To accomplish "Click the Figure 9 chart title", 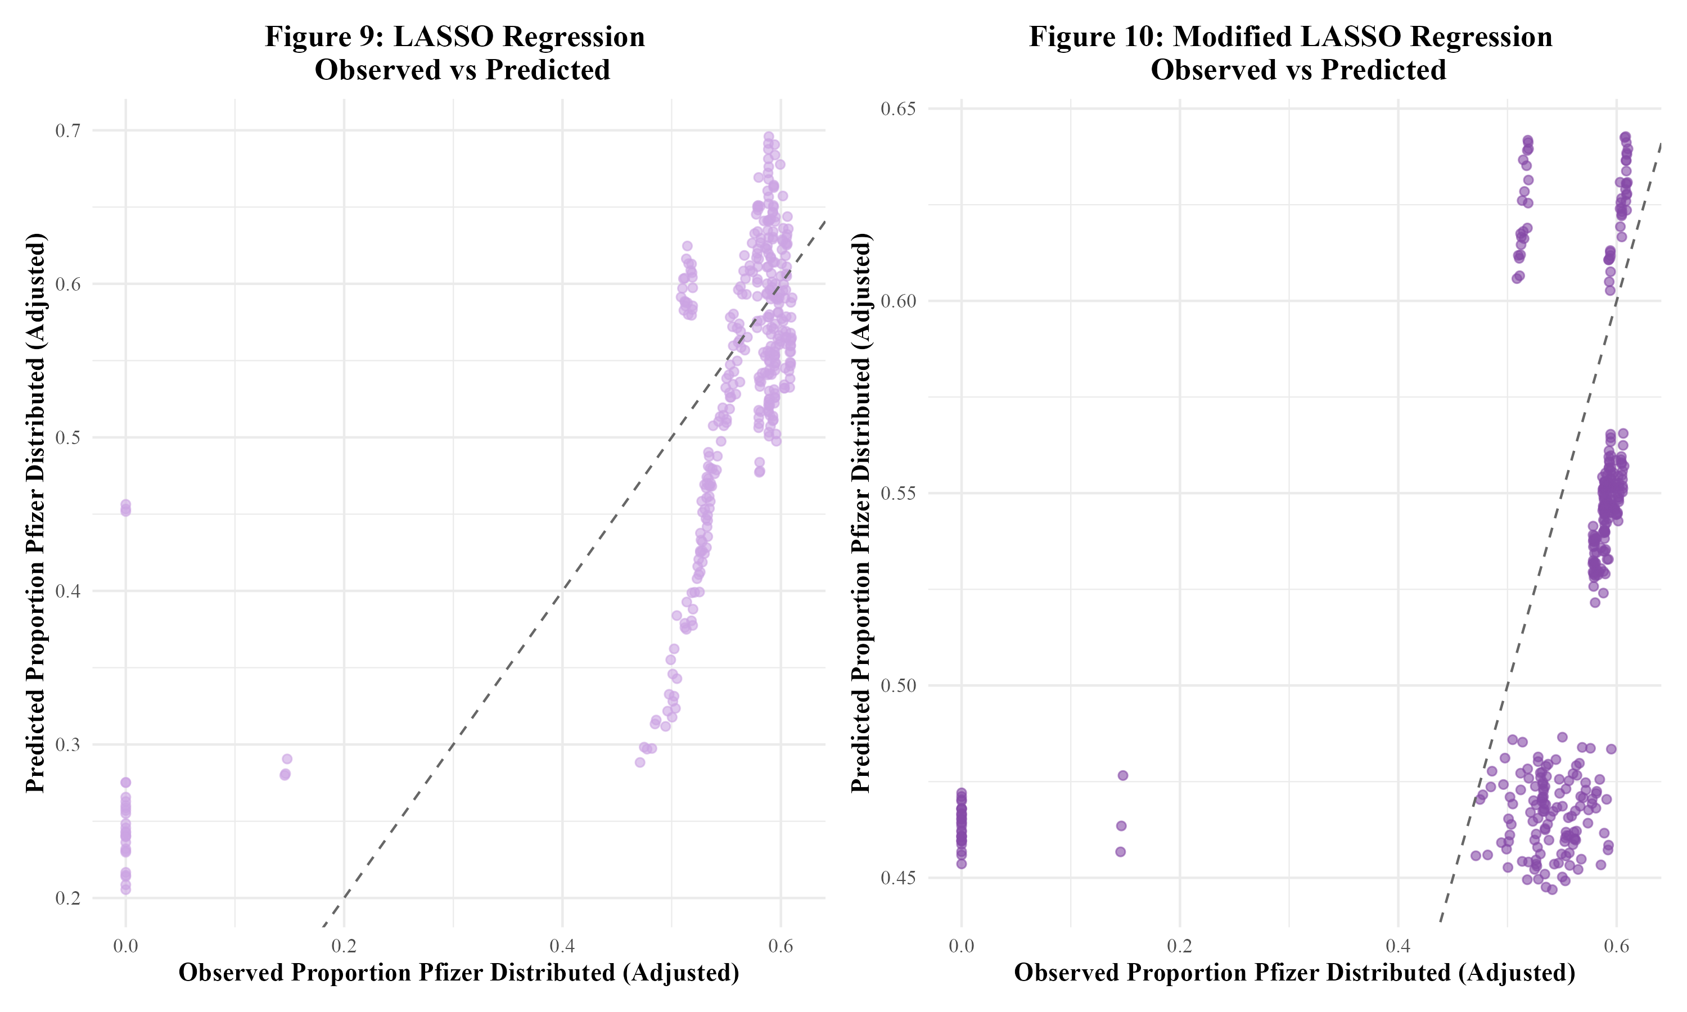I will pyautogui.click(x=455, y=53).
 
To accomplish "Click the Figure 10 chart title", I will pyautogui.click(x=1290, y=53).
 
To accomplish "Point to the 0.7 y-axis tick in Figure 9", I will pyautogui.click(x=67, y=130).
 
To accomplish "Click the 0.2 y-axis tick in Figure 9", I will pyautogui.click(x=67, y=898).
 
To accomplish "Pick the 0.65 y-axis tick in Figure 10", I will pyautogui.click(x=898, y=109).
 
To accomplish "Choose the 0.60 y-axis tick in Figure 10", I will pyautogui.click(x=898, y=301).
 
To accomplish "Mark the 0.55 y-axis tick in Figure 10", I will pyautogui.click(x=898, y=493).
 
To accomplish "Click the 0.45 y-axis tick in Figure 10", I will pyautogui.click(x=898, y=878).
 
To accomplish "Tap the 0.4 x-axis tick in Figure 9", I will pyautogui.click(x=562, y=946).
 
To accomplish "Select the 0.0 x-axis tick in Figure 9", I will pyautogui.click(x=125, y=946).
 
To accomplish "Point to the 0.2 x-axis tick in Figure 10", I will pyautogui.click(x=1179, y=946).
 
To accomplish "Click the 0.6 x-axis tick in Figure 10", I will pyautogui.click(x=1616, y=946).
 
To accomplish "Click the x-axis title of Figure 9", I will pyautogui.click(x=459, y=973).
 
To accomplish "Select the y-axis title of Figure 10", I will pyautogui.click(x=861, y=513).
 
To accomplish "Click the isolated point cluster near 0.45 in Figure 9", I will pyautogui.click(x=125, y=508).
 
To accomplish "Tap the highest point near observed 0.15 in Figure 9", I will pyautogui.click(x=287, y=759).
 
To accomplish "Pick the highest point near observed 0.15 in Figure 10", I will pyautogui.click(x=1122, y=775).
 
